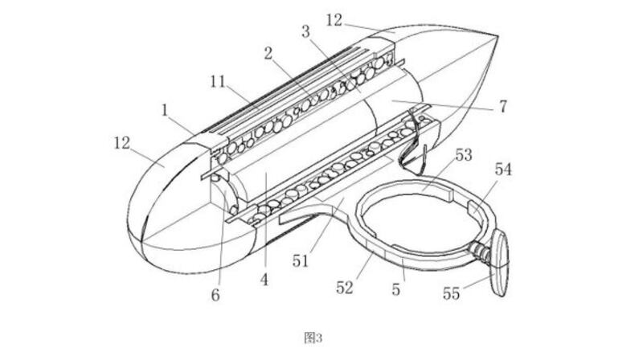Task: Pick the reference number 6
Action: pyautogui.click(x=215, y=296)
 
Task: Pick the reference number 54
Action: pyautogui.click(x=503, y=170)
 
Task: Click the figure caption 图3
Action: pyautogui.click(x=313, y=337)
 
